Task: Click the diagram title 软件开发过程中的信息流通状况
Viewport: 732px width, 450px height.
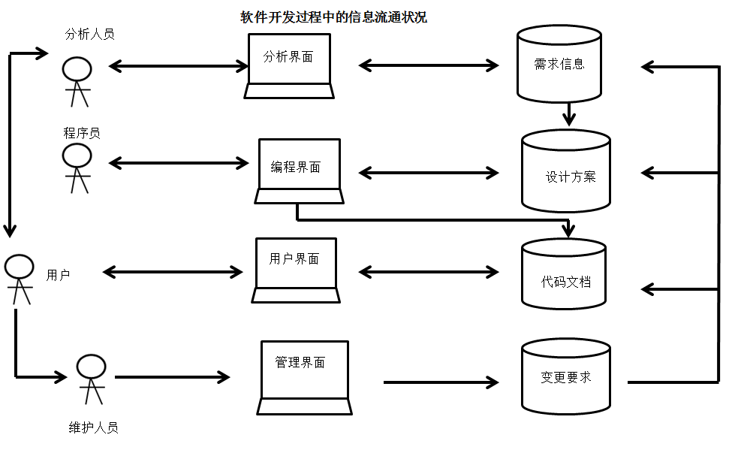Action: click(x=333, y=17)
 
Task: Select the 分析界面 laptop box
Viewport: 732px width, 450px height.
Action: click(x=289, y=66)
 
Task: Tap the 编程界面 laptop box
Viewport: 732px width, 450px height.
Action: click(x=300, y=171)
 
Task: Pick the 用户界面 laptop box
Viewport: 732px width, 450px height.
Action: click(x=296, y=270)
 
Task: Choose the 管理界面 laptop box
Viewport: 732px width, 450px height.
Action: click(x=304, y=378)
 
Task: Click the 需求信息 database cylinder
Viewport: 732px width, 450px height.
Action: click(x=559, y=64)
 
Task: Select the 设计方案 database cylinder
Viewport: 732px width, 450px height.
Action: click(x=566, y=171)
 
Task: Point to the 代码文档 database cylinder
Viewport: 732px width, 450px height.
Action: click(x=564, y=274)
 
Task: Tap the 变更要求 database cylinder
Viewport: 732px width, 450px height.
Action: click(x=566, y=376)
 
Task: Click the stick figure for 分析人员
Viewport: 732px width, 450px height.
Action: click(x=77, y=82)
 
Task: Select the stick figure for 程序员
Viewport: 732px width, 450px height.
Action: click(x=77, y=168)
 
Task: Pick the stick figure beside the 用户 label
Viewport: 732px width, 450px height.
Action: click(x=19, y=279)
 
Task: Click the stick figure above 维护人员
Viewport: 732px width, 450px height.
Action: click(x=91, y=379)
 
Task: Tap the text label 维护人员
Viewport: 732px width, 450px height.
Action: click(x=93, y=427)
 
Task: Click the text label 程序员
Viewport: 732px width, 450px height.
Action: click(x=82, y=133)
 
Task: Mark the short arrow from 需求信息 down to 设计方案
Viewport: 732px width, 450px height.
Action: click(x=568, y=113)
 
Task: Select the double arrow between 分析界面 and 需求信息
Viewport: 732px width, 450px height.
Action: click(x=429, y=65)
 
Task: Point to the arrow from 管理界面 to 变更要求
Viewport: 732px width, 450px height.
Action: click(x=441, y=382)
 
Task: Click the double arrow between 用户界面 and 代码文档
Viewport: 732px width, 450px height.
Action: click(x=429, y=272)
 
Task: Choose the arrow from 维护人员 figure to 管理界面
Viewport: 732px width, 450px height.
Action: click(x=172, y=376)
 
